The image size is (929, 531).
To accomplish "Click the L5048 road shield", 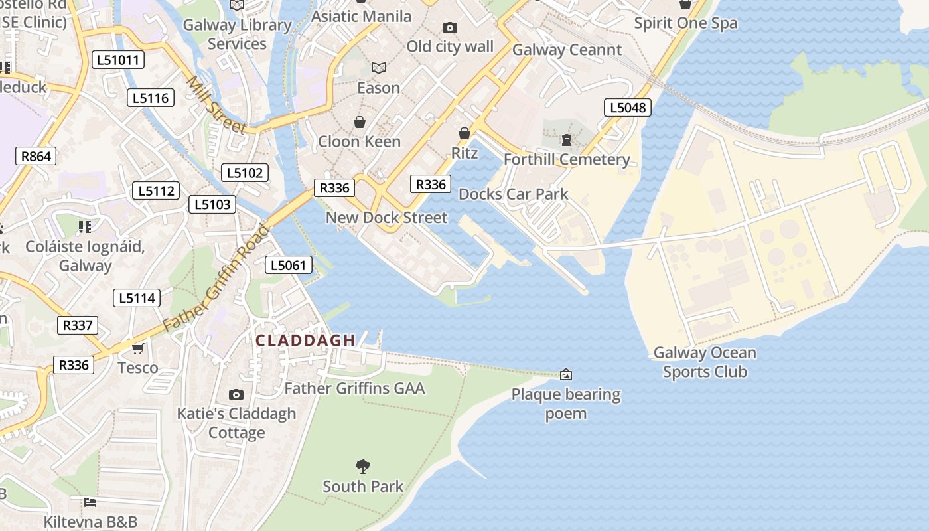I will pos(627,108).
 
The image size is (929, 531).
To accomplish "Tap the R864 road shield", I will pos(36,157).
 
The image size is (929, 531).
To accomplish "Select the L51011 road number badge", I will pos(119,60).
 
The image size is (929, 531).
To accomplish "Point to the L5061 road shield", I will pos(289,265).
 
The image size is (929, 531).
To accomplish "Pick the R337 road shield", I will pos(78,325).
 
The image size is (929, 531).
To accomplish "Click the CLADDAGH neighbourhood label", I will pos(306,341).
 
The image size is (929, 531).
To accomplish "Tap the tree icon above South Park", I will pos(363,467).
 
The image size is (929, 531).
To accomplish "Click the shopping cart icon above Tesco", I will pos(137,348).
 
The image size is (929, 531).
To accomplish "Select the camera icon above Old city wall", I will pos(450,27).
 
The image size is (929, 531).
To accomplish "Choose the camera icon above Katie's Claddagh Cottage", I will pos(236,394).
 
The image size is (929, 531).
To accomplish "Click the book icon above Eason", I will pos(379,68).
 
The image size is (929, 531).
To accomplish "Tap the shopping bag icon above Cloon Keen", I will pos(360,122).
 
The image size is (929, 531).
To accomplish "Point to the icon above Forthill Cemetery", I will pos(567,140).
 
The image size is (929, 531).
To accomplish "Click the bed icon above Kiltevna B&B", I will pos(90,502).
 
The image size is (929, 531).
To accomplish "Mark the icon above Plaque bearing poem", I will pos(566,375).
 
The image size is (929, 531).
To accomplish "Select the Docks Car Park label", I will pos(514,194).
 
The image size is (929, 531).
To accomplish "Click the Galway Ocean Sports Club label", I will pos(705,362).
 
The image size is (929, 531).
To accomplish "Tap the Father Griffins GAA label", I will pos(354,388).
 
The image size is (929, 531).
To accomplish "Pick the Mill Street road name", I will pos(216,105).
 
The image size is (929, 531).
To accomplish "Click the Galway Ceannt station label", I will pos(567,50).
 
